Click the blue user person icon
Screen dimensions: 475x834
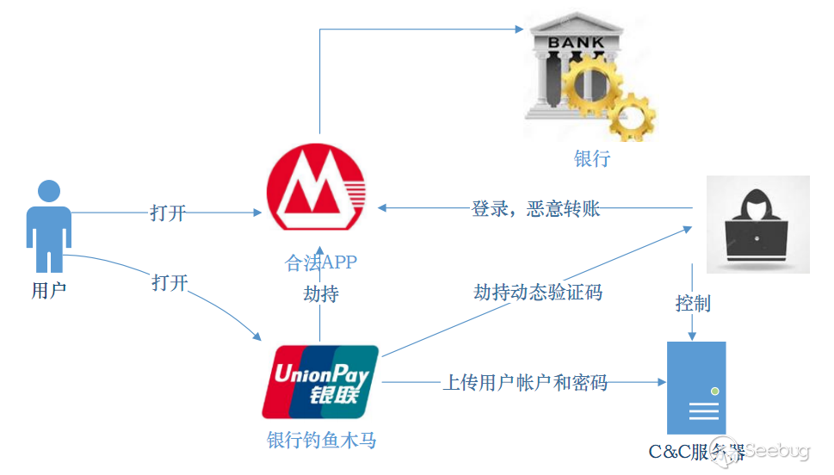pyautogui.click(x=49, y=225)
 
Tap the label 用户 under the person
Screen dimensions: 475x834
pyautogui.click(x=49, y=290)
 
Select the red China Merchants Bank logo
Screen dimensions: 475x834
pyautogui.click(x=316, y=189)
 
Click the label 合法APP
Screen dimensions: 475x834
pyautogui.click(x=321, y=262)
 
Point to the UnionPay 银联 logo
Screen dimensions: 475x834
pyautogui.click(x=321, y=379)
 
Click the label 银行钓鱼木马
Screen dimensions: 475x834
pyautogui.click(x=321, y=441)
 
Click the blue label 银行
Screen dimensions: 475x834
pyautogui.click(x=592, y=158)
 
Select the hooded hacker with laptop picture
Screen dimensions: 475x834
pyautogui.click(x=757, y=225)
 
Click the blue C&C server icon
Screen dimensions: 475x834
pyautogui.click(x=696, y=388)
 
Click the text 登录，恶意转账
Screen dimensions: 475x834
pyautogui.click(x=535, y=208)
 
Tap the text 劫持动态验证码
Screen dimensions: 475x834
pyautogui.click(x=538, y=292)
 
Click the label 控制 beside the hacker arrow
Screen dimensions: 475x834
pyautogui.click(x=693, y=303)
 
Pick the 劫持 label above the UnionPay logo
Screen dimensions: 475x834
pyautogui.click(x=321, y=293)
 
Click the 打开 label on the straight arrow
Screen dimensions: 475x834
pyautogui.click(x=168, y=213)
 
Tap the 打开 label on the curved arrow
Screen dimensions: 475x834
pyautogui.click(x=170, y=282)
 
